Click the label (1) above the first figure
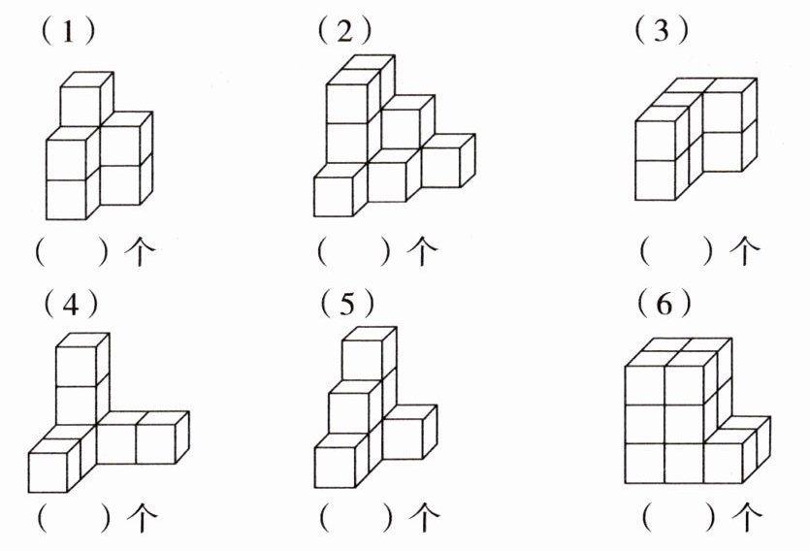point(67,32)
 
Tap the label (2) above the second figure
point(344,32)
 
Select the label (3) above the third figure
point(662,32)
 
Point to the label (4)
point(71,306)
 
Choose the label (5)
point(346,306)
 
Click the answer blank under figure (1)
point(76,252)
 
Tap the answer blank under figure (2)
point(357,252)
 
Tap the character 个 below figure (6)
point(746,514)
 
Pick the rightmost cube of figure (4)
point(157,441)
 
